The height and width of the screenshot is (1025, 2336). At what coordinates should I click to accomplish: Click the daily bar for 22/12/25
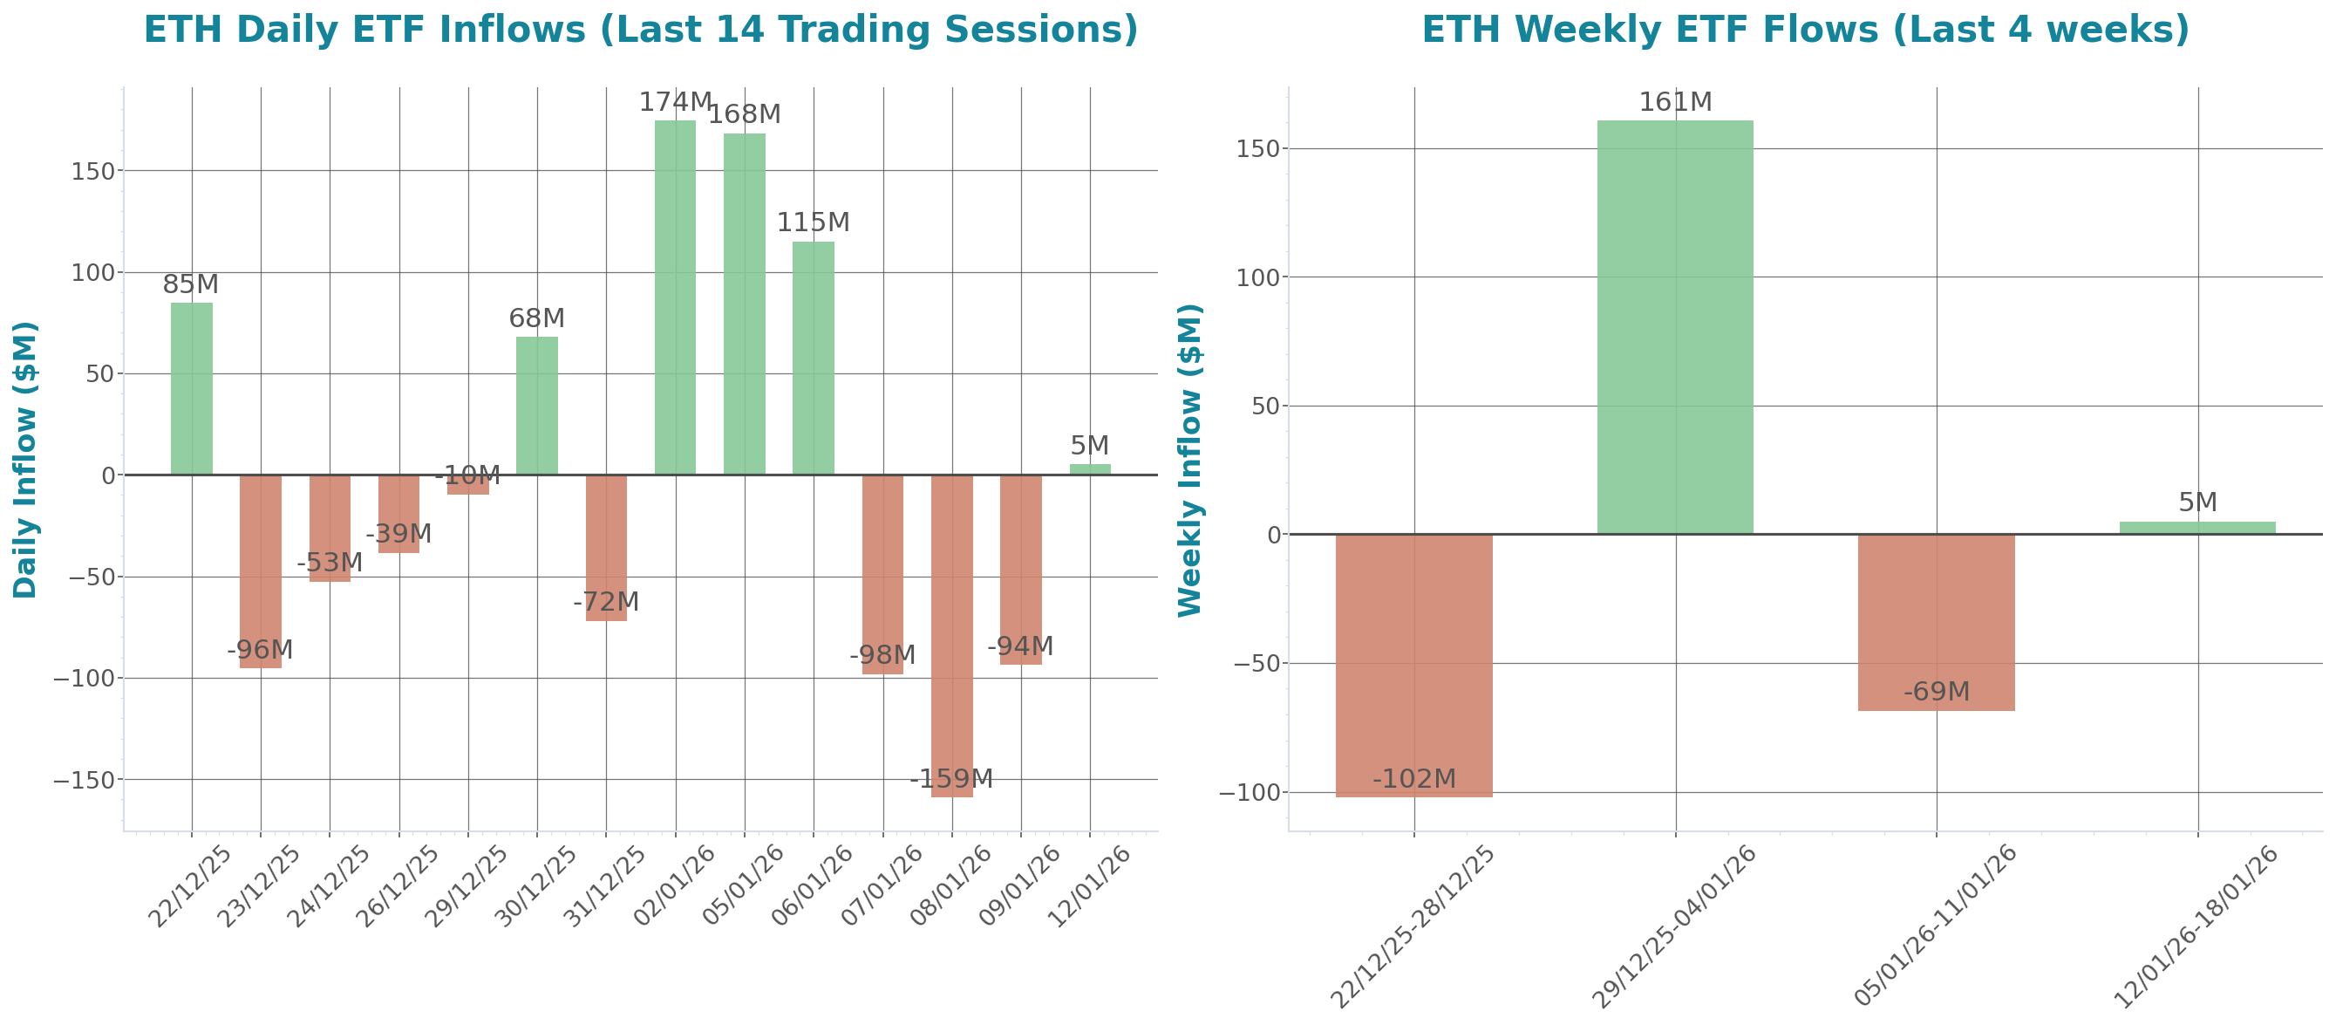[191, 388]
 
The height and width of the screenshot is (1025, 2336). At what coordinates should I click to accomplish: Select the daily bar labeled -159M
[951, 635]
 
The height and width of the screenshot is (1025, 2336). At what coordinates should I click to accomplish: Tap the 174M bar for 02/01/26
[675, 297]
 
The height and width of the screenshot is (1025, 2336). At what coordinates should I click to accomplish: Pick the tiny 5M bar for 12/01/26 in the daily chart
[1089, 469]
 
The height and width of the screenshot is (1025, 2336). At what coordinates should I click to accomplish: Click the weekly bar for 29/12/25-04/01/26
[1674, 326]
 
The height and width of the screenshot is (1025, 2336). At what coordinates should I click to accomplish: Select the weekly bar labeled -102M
[1413, 665]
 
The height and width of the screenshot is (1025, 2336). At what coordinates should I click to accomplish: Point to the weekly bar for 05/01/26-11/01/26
[1936, 622]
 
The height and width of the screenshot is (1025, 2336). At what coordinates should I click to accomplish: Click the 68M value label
[536, 318]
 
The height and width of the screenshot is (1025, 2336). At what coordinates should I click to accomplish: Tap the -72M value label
[605, 602]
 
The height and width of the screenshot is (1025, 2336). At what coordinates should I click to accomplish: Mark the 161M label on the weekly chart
[1674, 103]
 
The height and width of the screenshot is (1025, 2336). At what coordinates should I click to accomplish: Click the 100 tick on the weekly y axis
[1256, 277]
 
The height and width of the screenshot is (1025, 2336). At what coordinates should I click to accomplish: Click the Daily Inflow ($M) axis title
[25, 460]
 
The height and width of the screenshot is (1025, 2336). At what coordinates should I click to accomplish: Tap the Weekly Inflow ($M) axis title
[1188, 460]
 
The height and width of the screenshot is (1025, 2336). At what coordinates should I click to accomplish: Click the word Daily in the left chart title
[289, 30]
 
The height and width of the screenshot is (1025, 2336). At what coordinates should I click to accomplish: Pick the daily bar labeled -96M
[260, 571]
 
